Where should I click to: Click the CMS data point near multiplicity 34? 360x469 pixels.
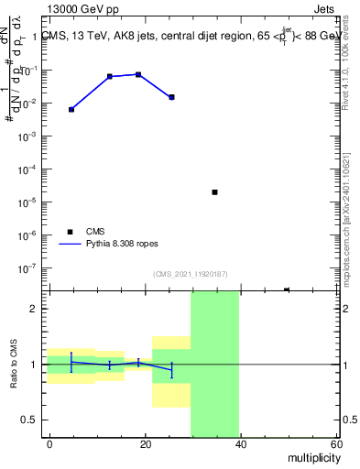[214, 192]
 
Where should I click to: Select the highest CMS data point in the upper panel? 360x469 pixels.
[138, 74]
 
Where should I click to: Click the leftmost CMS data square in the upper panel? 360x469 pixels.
[71, 109]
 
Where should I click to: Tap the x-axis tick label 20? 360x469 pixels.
[145, 443]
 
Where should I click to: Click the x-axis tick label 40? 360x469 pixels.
[240, 443]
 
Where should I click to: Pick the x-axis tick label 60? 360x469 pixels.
[335, 443]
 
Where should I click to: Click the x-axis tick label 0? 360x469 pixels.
[49, 443]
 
